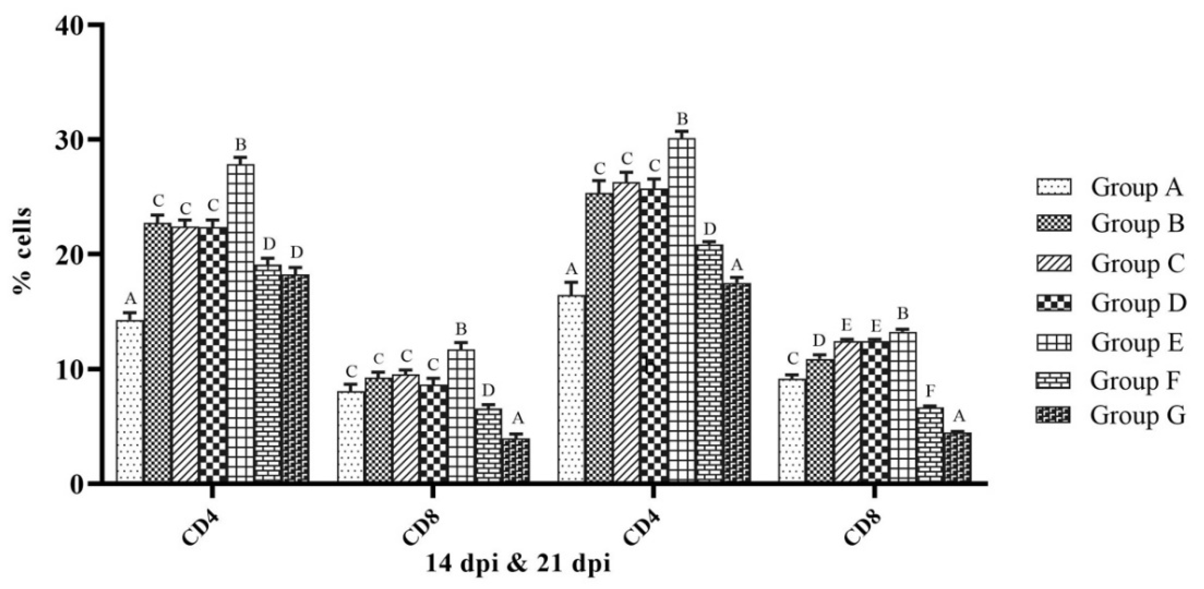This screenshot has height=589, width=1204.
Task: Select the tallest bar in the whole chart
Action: click(681, 309)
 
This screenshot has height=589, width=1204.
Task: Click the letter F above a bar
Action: click(930, 390)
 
